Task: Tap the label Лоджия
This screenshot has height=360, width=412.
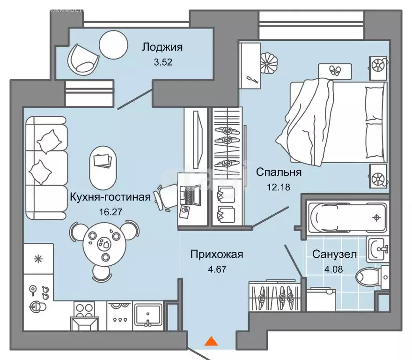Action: coord(162,47)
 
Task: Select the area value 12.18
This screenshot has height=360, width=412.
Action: coord(280,187)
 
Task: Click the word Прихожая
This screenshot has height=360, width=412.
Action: coord(217,255)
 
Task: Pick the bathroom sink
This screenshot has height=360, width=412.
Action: coord(377,248)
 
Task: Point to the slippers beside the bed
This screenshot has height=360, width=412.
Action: coord(335,71)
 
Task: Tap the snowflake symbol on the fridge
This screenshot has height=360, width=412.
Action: coord(39,259)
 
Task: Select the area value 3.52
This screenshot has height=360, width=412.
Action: coord(162,62)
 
